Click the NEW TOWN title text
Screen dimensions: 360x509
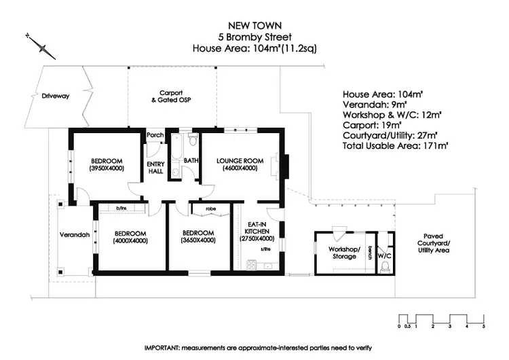point(254,25)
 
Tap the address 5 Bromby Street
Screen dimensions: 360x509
point(254,37)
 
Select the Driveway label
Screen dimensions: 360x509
point(55,96)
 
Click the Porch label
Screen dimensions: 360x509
point(155,135)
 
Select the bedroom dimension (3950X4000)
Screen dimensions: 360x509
point(106,168)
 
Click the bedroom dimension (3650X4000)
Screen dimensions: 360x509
point(198,240)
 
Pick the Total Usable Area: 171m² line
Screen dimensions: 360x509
point(396,145)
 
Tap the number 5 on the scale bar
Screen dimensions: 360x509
point(484,327)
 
